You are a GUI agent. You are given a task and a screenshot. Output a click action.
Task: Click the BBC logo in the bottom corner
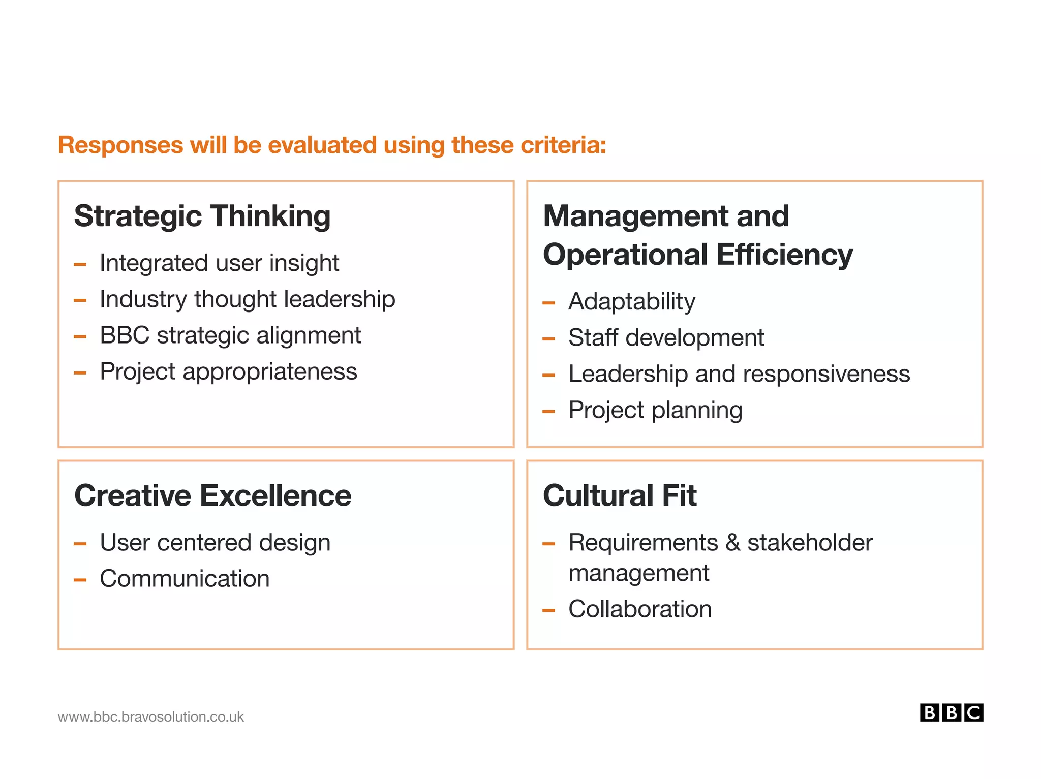(x=951, y=712)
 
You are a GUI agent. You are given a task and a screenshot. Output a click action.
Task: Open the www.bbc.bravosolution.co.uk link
(x=151, y=717)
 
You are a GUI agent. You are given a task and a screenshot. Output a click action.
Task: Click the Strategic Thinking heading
(x=202, y=216)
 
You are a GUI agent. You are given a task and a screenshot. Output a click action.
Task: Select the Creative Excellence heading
(x=213, y=495)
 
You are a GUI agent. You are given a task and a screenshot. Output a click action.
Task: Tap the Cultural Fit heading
(x=620, y=495)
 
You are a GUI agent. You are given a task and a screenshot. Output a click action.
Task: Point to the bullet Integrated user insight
(x=219, y=263)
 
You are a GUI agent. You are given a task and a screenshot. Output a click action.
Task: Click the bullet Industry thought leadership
(x=247, y=299)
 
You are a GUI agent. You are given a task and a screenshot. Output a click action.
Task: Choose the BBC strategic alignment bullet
(x=230, y=335)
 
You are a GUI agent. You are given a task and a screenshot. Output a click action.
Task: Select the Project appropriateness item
(x=228, y=371)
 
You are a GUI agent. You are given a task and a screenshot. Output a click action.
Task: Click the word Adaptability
(x=632, y=302)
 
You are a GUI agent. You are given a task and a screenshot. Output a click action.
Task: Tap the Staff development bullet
(x=666, y=338)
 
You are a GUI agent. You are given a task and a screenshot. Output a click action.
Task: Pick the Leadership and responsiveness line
(x=739, y=374)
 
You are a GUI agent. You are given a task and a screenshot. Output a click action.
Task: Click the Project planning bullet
(x=655, y=410)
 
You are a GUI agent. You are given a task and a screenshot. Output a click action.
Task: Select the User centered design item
(x=215, y=543)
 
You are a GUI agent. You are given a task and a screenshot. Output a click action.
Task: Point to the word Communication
(x=185, y=579)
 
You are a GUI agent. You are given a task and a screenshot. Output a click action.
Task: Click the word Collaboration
(x=640, y=609)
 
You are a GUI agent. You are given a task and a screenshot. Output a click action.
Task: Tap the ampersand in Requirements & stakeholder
(x=732, y=543)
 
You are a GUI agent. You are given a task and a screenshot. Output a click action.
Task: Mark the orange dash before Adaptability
(x=548, y=303)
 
